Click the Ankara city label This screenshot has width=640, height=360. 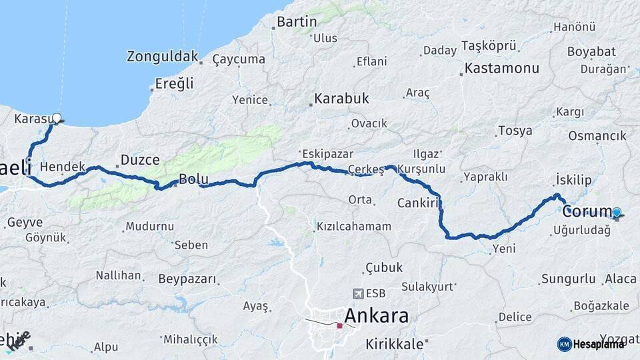[x=377, y=315]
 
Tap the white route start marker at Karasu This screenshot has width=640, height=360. [x=57, y=119]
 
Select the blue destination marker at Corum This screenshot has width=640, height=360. [x=617, y=213]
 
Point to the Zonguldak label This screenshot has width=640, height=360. [x=163, y=57]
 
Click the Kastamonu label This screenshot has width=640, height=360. [x=501, y=68]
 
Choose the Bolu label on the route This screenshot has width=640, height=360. [x=193, y=179]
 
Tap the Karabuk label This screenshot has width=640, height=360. [x=341, y=99]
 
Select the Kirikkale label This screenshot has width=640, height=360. [x=395, y=344]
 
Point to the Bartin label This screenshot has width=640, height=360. [x=297, y=22]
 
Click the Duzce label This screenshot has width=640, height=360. [x=140, y=160]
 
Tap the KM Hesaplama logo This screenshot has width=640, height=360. [x=591, y=344]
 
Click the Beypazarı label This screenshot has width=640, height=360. [x=187, y=279]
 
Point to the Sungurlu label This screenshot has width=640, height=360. [x=568, y=278]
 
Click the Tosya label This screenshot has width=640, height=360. [x=515, y=131]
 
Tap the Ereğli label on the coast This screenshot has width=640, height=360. [x=174, y=83]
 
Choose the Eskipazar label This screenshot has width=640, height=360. [x=326, y=152]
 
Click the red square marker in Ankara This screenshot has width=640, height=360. [x=339, y=326]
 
